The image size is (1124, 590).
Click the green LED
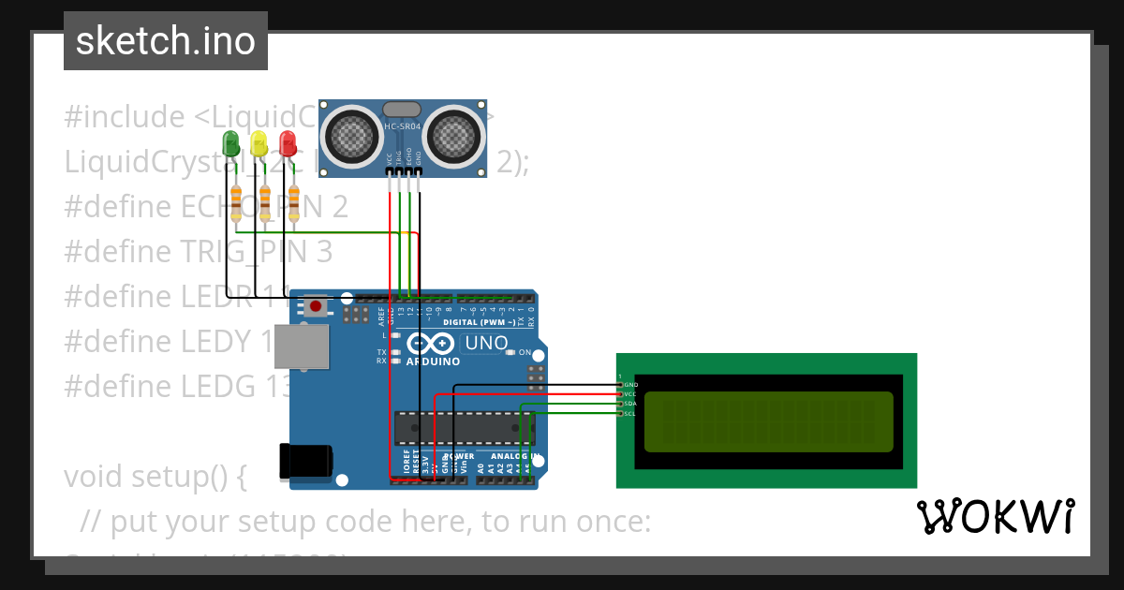[230, 142]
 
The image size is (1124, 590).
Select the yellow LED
[259, 142]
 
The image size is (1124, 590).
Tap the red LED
[288, 142]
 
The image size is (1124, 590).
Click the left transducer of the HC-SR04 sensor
[348, 137]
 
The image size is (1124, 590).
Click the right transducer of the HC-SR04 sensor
[456, 137]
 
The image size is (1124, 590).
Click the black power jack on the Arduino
[306, 462]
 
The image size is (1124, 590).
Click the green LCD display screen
[768, 420]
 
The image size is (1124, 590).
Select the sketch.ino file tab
[166, 41]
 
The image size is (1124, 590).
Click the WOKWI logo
[995, 516]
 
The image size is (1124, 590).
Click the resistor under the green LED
[236, 199]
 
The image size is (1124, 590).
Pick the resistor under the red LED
[294, 199]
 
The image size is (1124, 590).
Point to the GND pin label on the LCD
[630, 385]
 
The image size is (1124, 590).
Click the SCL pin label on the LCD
[630, 413]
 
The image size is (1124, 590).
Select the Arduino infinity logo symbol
[433, 344]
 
